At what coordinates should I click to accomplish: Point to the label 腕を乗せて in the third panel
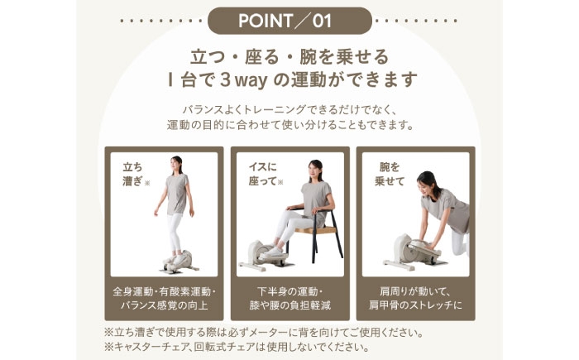[x=386, y=173]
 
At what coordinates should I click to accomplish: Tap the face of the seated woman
[x=313, y=170]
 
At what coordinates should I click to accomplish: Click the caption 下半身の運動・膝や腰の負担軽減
[x=289, y=299]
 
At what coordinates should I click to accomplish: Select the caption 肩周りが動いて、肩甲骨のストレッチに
[x=414, y=299]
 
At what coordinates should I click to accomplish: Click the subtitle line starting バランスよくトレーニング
[x=289, y=109]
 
